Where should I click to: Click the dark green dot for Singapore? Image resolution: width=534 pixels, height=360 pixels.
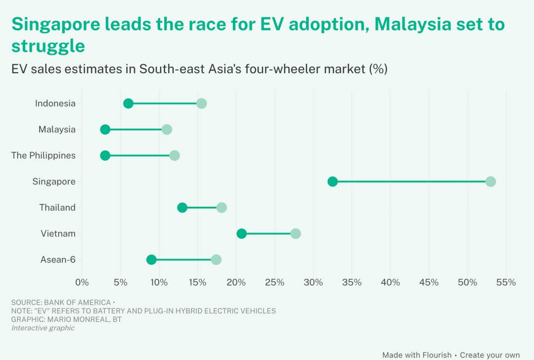coord(333,181)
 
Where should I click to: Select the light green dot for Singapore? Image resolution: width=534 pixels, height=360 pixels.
coord(490,181)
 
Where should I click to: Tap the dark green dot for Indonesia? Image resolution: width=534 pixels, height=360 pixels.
coord(128,103)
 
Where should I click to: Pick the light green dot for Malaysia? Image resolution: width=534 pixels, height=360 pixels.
coord(167,130)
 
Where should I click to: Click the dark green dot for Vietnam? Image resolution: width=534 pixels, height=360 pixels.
coord(241,233)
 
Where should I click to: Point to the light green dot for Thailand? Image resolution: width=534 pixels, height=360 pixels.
coord(222,208)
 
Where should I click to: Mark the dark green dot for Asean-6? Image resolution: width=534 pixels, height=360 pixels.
coord(151,260)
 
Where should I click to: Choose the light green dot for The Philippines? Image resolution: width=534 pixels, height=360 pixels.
coord(175,156)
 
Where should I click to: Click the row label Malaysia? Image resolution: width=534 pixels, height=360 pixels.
coord(57,130)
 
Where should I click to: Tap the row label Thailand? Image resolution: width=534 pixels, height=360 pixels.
coord(57,208)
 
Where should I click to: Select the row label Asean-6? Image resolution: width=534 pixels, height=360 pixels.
coord(58,260)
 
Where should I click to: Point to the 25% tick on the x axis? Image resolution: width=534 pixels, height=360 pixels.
coord(274,282)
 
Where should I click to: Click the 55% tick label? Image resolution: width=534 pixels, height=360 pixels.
coord(506,282)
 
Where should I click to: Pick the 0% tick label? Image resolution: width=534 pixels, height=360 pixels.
coord(82,282)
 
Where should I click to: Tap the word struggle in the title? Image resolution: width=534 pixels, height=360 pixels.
coord(48,46)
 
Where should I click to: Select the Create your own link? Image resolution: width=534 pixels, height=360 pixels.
coord(489,355)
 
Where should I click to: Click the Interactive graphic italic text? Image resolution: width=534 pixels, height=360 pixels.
coord(43,328)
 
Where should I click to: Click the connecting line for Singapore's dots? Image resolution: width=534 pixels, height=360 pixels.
coord(410,181)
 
